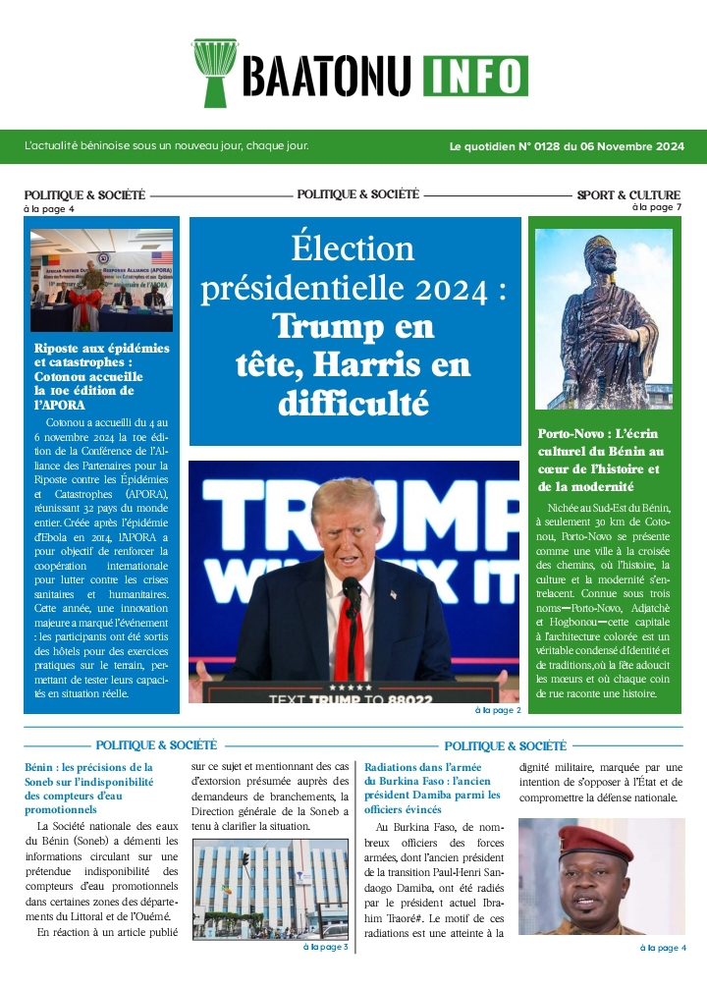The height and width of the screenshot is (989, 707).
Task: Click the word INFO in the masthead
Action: point(475,76)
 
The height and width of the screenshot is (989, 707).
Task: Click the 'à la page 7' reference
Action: point(656,207)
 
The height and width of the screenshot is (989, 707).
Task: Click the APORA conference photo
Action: point(101,280)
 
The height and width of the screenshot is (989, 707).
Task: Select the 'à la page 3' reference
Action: point(325,947)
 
